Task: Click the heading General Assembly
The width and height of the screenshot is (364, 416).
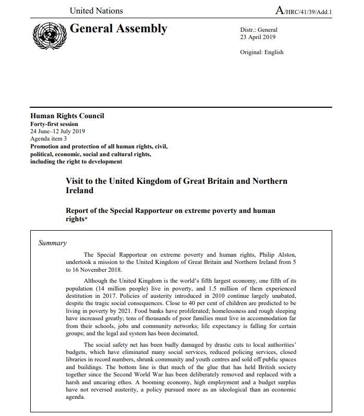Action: pos(118,29)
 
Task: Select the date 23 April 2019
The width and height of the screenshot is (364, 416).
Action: pos(258,37)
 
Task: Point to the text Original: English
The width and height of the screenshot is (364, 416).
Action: pos(262,52)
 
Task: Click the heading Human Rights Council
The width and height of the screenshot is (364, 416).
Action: pos(67,116)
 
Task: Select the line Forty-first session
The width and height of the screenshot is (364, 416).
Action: pos(54,124)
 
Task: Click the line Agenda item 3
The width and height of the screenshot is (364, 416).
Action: pos(48,139)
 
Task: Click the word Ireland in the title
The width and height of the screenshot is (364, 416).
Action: pos(79,191)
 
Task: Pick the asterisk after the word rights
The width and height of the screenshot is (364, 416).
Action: pos(86,218)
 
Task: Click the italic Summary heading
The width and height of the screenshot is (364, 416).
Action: pos(53,243)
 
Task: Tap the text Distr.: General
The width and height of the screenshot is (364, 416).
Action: pos(259,30)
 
